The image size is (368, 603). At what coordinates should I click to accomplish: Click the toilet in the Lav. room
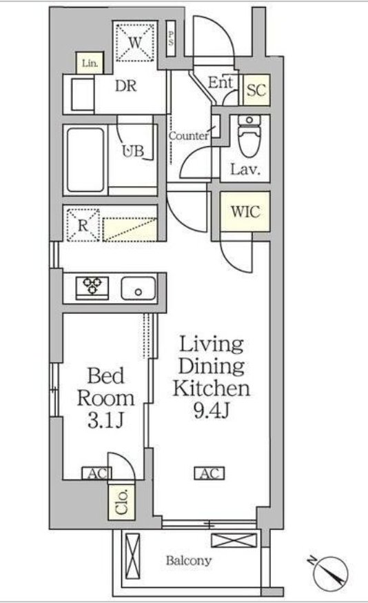[249, 136]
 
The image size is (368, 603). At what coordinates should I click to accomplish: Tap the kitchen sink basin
[139, 288]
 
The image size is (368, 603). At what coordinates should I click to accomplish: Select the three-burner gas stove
[92, 288]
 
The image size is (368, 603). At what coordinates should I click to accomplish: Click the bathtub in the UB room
[85, 160]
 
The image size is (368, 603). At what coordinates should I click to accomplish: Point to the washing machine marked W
[135, 42]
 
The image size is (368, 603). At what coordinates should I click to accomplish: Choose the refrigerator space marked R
[83, 225]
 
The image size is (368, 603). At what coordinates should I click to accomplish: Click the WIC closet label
[245, 212]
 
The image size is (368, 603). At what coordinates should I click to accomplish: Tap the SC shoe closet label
[256, 90]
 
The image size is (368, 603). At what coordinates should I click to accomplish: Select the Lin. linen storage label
[90, 63]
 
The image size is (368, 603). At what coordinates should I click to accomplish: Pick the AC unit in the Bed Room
[96, 473]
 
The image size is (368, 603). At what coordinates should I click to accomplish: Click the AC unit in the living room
[209, 473]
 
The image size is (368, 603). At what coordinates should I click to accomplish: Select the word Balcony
[189, 561]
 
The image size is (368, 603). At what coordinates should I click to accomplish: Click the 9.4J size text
[211, 411]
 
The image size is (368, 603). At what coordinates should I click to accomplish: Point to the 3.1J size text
[105, 421]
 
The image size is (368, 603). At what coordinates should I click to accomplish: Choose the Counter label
[189, 136]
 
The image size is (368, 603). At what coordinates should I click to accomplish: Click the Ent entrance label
[221, 82]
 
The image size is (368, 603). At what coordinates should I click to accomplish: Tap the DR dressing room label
[126, 86]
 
